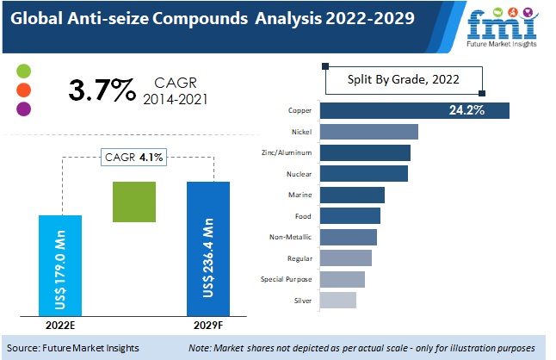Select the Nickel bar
click(368, 132)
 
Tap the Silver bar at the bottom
click(337, 300)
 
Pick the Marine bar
click(352, 195)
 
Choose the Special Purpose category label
click(286, 278)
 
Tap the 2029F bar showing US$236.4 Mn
click(208, 249)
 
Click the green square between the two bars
click(134, 202)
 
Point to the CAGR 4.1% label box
click(134, 157)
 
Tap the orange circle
click(24, 90)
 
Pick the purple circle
click(24, 109)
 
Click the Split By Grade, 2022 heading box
click(403, 80)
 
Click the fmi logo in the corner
click(498, 26)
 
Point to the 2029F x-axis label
click(208, 326)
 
